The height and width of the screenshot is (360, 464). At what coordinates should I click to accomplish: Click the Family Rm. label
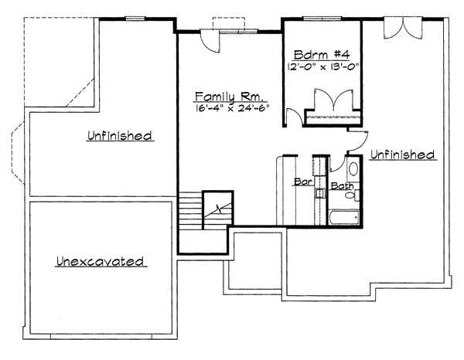tap(230, 97)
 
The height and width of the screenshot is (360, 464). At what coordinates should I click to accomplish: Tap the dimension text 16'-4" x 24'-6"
tap(230, 110)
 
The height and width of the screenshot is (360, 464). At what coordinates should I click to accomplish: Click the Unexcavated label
tap(101, 262)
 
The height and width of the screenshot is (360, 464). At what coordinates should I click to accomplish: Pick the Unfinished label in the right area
tap(402, 155)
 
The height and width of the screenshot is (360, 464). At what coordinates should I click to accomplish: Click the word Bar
tap(302, 183)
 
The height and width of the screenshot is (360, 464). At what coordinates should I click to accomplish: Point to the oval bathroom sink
tap(353, 169)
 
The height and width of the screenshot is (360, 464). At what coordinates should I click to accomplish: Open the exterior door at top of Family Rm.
tap(210, 40)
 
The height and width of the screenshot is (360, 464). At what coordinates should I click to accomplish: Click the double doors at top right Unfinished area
tap(404, 26)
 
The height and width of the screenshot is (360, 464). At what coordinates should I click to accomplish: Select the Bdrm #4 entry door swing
tap(295, 118)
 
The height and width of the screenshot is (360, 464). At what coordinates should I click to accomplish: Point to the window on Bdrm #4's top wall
tap(313, 18)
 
